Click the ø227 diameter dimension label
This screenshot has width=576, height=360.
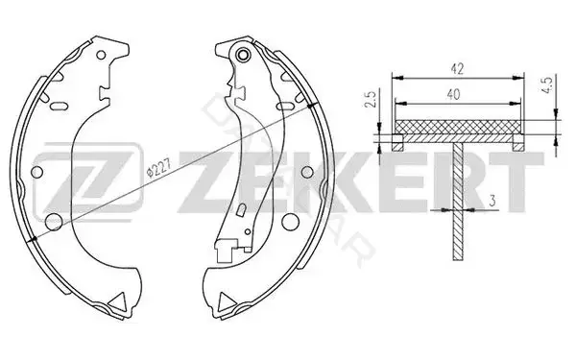[x=158, y=169]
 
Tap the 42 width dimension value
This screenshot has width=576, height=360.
[x=458, y=69]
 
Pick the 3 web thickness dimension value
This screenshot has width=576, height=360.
[x=492, y=201]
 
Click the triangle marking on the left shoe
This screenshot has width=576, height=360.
[x=118, y=302]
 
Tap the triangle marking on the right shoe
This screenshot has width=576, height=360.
[x=227, y=302]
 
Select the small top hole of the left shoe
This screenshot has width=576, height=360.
[x=101, y=56]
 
